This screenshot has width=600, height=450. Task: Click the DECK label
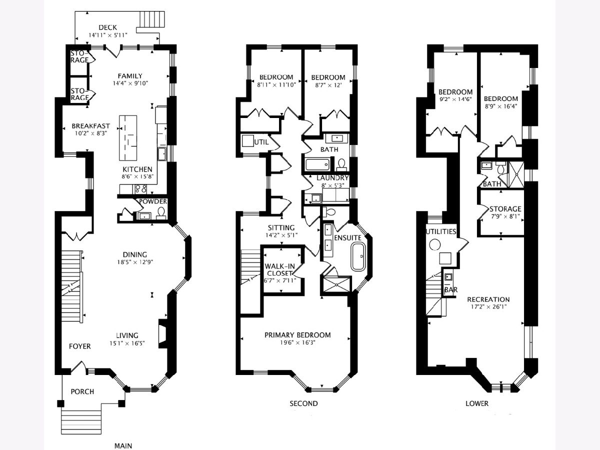coord(107,27)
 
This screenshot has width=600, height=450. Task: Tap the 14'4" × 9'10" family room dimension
coord(130,83)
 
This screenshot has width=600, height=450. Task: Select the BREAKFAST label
coord(91,126)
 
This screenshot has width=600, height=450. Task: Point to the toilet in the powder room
coord(161,213)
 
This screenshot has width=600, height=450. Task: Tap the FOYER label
coord(80,346)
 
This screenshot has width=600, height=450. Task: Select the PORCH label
coord(82,391)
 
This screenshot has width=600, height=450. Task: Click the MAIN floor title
coord(123,445)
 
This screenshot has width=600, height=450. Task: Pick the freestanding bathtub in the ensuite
coord(358,257)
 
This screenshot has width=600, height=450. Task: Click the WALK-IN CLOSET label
coord(279,269)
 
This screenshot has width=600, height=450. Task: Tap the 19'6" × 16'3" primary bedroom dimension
coord(297,342)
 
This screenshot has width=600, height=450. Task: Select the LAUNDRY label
coord(332,177)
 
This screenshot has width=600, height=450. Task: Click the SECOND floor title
coord(303,403)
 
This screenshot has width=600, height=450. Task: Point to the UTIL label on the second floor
coord(261,142)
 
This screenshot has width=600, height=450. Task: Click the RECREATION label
coord(488,299)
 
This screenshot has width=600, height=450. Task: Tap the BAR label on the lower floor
coord(451,289)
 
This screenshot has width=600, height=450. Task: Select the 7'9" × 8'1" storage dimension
coord(505,216)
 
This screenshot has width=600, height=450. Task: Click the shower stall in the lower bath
coord(516,174)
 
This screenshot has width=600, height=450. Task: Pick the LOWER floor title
coord(477,403)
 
